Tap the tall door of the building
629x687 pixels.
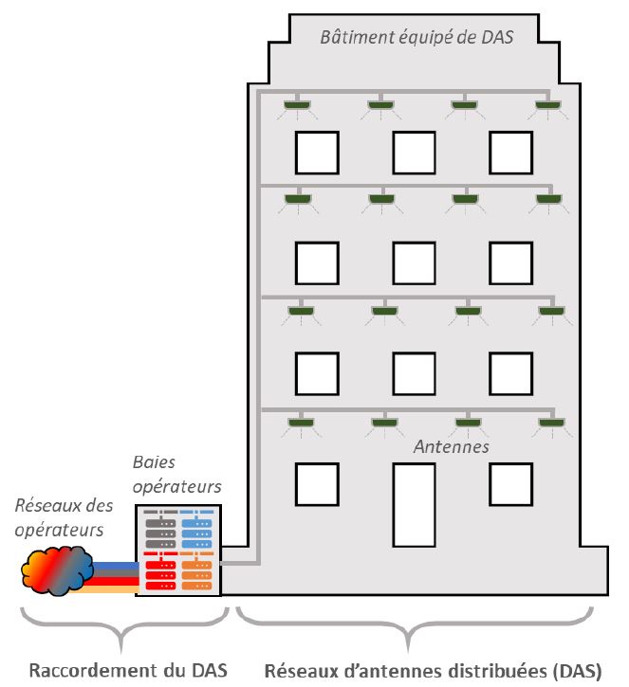(x=414, y=504)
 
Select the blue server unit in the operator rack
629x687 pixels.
(x=196, y=532)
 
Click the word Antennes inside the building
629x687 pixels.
(x=452, y=445)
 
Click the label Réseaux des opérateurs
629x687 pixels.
(x=59, y=517)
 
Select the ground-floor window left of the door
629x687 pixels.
(x=316, y=484)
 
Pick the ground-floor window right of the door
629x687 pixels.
(x=510, y=484)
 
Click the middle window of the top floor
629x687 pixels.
(x=414, y=153)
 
